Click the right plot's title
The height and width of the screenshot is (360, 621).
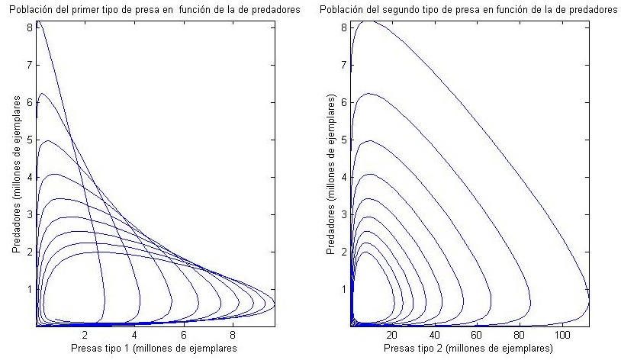(468, 9)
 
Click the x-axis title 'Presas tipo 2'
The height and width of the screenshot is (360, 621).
(468, 349)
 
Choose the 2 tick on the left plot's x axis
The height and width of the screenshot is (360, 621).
(85, 334)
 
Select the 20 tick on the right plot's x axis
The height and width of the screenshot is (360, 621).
(392, 334)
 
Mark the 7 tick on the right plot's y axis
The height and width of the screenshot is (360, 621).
(343, 65)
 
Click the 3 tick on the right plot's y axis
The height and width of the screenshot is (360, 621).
(343, 214)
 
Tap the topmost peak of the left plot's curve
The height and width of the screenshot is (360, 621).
(38, 23)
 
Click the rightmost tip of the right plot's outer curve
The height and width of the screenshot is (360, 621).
(588, 303)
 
